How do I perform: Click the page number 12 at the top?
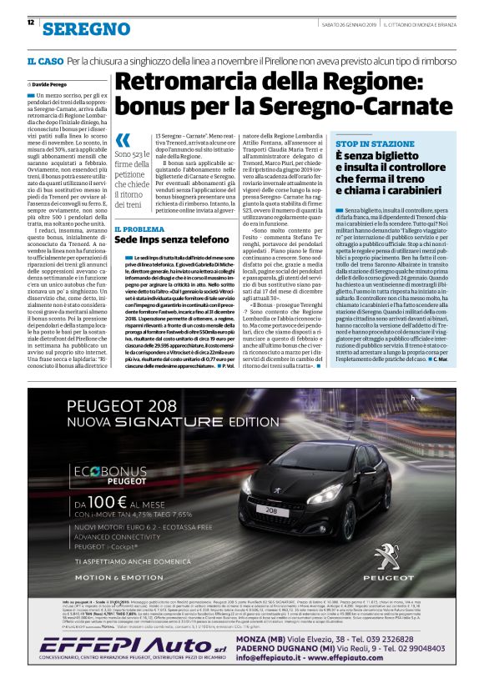31,22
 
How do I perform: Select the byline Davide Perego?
55,85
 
